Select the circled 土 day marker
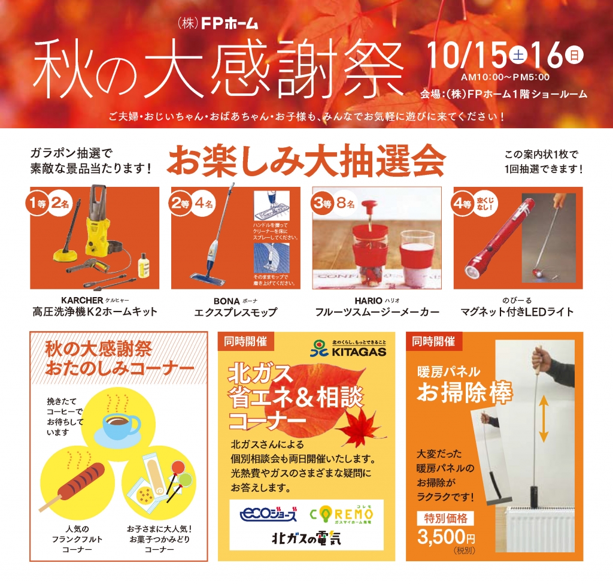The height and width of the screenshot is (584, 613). (x=518, y=56)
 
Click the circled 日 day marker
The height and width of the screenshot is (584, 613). (x=573, y=56)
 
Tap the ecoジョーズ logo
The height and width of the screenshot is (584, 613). (x=268, y=514)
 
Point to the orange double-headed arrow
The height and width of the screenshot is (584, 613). (x=543, y=422)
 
